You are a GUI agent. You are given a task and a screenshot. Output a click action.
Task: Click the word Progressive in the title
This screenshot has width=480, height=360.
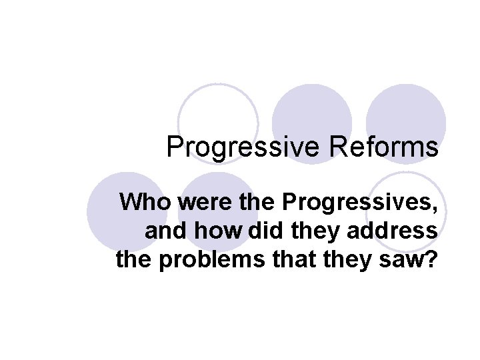coord(244,147)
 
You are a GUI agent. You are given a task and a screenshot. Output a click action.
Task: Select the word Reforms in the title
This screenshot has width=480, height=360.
coord(383,146)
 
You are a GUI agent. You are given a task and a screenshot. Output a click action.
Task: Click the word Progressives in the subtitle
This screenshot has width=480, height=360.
coord(361,202)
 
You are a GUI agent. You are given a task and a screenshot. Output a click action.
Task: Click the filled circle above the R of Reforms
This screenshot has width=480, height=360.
coord(312,110)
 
